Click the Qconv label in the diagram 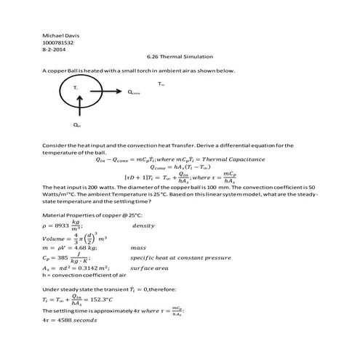pyautogui.click(x=135, y=92)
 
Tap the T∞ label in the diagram pyautogui.click(x=161, y=84)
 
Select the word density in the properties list pyautogui.click(x=143, y=226)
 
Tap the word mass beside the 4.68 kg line pyautogui.click(x=138, y=248)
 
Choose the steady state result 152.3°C pyautogui.click(x=100, y=300)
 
